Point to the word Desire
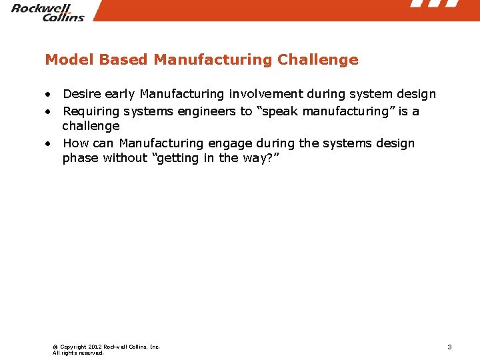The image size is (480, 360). (x=81, y=95)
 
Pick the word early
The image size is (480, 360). (x=119, y=95)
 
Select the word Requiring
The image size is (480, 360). (x=91, y=111)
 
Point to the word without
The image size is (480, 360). (x=127, y=158)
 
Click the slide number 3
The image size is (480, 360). (x=449, y=347)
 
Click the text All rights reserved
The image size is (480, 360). (x=78, y=353)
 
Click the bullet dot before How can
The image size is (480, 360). (x=49, y=144)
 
